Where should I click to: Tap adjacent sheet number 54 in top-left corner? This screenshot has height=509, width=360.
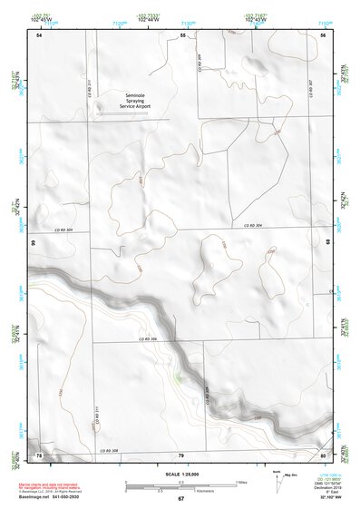(39, 34)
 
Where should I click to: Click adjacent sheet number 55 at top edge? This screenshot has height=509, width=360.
(181, 34)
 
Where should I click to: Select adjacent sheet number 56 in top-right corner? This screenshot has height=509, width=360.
(323, 34)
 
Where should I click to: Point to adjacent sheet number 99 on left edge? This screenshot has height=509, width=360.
(33, 243)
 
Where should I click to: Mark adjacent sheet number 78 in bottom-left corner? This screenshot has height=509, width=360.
(39, 454)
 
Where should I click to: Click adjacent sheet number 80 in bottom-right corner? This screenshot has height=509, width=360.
(323, 454)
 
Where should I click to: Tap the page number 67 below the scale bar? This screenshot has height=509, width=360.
(180, 499)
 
